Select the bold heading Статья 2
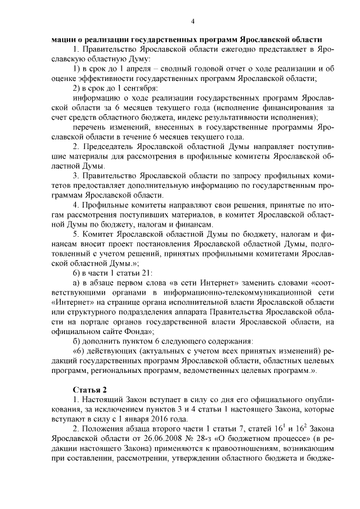click(x=89, y=390)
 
